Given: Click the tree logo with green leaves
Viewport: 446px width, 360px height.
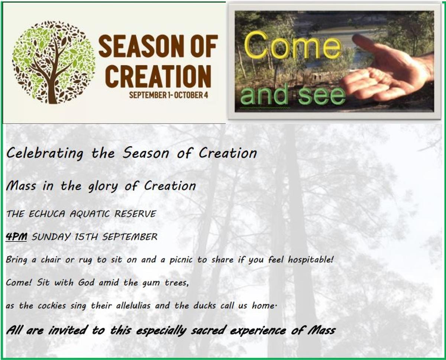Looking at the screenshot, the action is [54, 62].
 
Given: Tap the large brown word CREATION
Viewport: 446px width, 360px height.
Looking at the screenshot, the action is [158, 76].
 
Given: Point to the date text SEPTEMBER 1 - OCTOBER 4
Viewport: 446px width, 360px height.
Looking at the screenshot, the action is [169, 95].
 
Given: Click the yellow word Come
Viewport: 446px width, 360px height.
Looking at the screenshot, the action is [293, 45].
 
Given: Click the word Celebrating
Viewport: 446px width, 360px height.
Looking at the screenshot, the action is [45, 153].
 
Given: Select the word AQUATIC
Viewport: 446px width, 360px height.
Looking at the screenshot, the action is [90, 214].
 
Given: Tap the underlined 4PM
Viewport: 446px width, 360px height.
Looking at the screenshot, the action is [16, 237].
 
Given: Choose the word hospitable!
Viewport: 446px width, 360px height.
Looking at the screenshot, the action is [310, 260].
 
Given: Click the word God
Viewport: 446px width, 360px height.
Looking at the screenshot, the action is [86, 283].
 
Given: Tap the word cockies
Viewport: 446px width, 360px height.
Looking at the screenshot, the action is [52, 306].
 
